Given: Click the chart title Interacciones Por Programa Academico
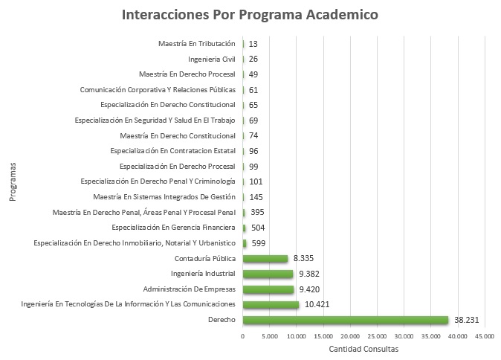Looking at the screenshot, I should click(250, 15).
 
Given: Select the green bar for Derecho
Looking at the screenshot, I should click(346, 320).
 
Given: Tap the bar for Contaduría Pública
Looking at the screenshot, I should click(265, 259).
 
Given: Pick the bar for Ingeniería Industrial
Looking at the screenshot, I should click(268, 274).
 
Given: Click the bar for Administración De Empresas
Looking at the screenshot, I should click(268, 289).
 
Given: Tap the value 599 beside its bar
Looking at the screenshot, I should click(259, 243).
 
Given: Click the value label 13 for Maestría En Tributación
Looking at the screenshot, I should click(254, 44).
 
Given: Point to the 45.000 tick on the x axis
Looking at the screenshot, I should click(484, 337).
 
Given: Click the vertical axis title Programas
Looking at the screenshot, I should click(14, 181).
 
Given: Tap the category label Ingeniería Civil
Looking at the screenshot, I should click(212, 59).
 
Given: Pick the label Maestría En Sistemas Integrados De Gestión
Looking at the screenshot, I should click(164, 197).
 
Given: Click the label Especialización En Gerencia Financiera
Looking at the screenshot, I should click(173, 228).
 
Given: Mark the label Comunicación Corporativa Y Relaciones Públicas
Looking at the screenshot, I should click(158, 90).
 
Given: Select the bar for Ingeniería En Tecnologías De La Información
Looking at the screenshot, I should click(271, 305).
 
